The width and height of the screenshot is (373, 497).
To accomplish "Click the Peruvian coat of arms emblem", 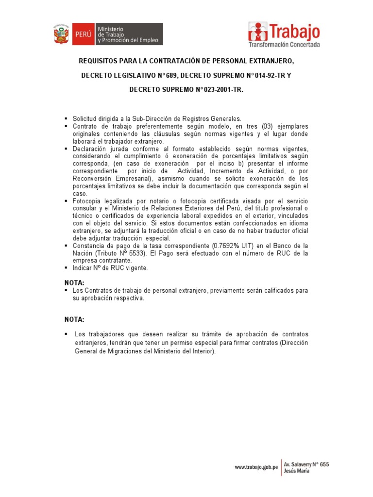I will click(x=63, y=34).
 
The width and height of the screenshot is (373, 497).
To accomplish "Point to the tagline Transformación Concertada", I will click(x=284, y=45).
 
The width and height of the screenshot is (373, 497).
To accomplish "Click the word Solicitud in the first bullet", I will click(x=85, y=118).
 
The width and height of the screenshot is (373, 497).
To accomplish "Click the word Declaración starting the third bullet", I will click(x=91, y=149).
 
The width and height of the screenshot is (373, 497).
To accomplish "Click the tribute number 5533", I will click(x=142, y=253).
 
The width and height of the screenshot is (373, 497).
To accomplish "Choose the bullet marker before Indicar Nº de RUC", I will click(x=67, y=268).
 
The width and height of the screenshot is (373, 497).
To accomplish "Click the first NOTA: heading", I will click(x=74, y=282).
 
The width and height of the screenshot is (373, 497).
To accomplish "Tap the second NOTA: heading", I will click(x=74, y=319).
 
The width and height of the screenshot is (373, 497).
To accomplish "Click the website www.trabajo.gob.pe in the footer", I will click(x=256, y=467).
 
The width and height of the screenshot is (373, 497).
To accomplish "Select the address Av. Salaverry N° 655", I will click(x=306, y=464).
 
